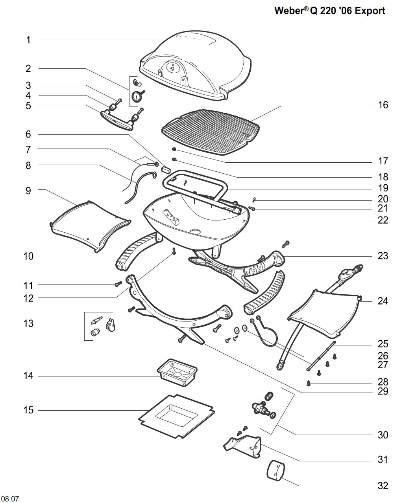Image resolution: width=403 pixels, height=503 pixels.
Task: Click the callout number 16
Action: coord(383,105)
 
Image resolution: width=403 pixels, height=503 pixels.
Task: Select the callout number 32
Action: coord(383,486)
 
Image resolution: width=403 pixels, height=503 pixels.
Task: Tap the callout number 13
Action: coord(28,324)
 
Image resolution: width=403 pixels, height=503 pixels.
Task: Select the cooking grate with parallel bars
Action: coord(211,132)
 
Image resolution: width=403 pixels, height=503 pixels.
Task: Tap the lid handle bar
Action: coord(117,120)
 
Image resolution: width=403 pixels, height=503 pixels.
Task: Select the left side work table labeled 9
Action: coord(90,226)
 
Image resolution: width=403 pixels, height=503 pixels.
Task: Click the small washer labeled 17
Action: coord(174,149)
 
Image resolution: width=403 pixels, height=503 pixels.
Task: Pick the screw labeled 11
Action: coord(118,284)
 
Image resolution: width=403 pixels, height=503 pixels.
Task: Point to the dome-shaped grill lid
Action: coord(196,66)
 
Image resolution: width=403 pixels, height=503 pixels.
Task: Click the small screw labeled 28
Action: coord(309,383)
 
